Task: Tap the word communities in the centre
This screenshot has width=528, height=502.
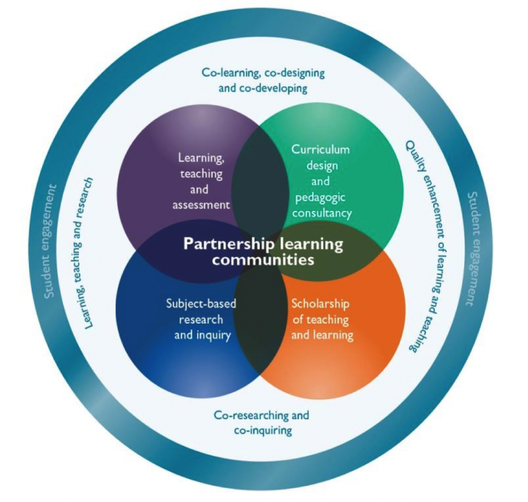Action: coord(263,260)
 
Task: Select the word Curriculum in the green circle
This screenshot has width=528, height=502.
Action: coord(320,149)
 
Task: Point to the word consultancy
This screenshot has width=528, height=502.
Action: coord(321,212)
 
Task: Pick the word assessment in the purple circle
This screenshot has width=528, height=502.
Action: coord(201,205)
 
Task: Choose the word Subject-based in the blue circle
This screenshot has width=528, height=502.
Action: coord(201,303)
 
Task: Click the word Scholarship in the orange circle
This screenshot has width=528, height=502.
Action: coord(320,304)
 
